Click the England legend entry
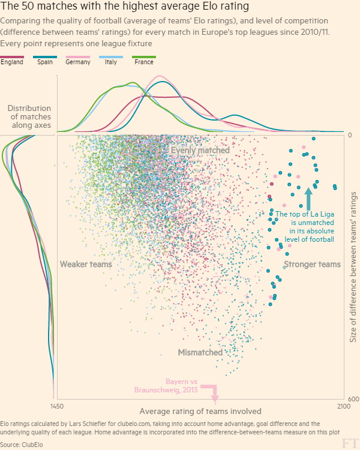12,61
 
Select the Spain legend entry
46,61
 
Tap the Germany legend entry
78,61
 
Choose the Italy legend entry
111,61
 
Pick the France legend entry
144,61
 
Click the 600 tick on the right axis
353,400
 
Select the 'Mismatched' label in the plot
200,352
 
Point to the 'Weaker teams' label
86,264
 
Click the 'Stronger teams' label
312,264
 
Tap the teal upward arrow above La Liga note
309,198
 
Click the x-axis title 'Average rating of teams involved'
200,411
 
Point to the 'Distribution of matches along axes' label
29,116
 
